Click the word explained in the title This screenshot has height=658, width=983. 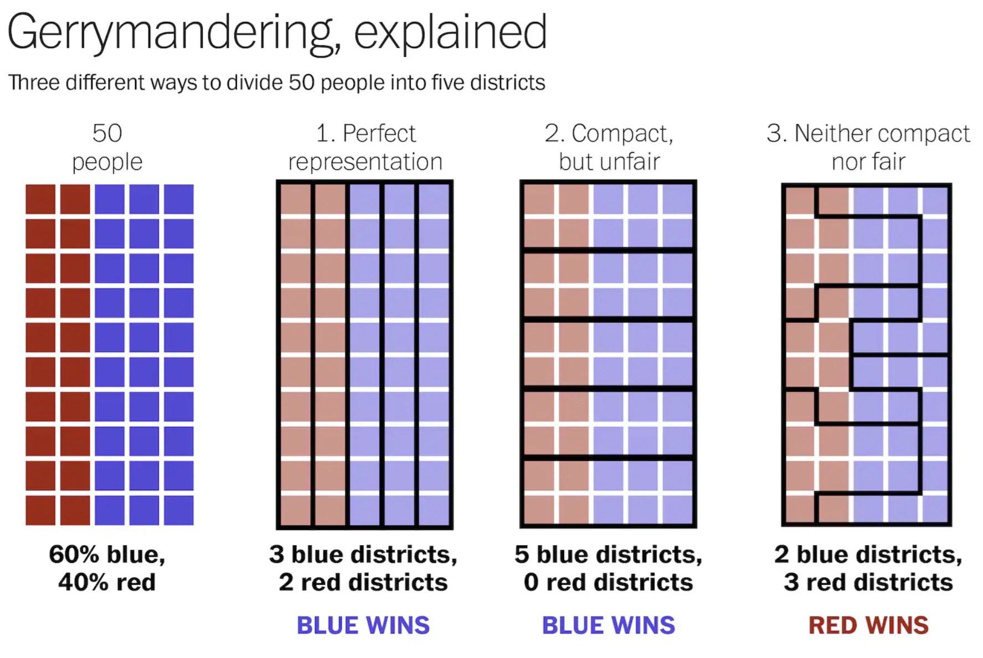[x=450, y=32]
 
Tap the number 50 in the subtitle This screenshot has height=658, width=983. [x=301, y=82]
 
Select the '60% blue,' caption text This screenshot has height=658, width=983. [x=107, y=555]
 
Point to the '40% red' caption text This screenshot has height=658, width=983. [x=107, y=582]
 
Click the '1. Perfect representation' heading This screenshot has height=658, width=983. [x=365, y=147]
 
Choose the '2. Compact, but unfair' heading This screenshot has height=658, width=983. [x=609, y=147]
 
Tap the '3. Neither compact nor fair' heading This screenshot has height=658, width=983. [x=868, y=147]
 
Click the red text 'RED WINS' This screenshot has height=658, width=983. [x=868, y=625]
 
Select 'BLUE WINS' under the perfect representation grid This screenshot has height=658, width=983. [x=363, y=625]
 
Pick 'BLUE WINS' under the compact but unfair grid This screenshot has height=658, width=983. [x=609, y=625]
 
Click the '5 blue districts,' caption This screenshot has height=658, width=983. [x=609, y=555]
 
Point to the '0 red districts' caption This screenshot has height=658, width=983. [x=609, y=582]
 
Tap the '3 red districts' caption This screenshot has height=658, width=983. [x=868, y=582]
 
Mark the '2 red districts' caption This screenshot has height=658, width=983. [x=363, y=582]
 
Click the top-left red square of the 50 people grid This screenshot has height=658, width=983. [x=40, y=199]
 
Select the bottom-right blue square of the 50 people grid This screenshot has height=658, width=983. [x=179, y=510]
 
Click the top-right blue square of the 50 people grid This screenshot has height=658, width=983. [x=179, y=199]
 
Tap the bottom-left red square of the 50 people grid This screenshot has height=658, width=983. [x=40, y=510]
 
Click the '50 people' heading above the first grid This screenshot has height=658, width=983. [x=107, y=147]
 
